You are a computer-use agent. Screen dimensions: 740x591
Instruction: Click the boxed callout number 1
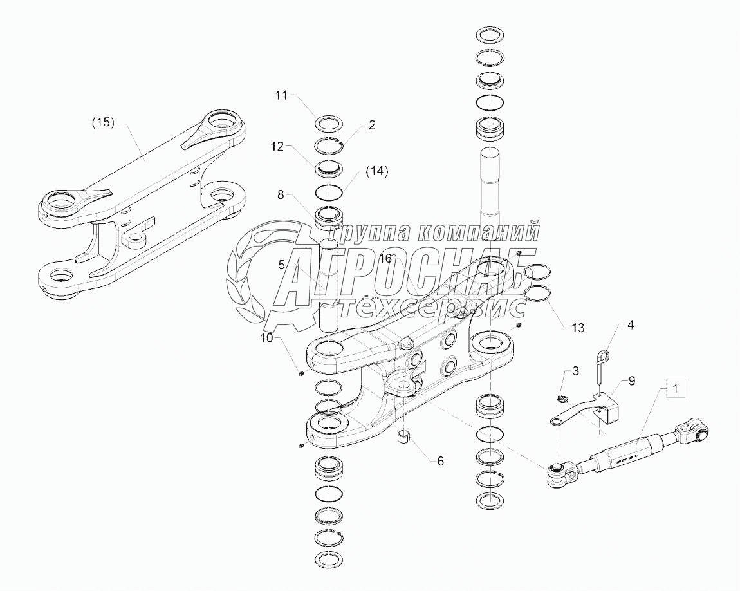point(675,388)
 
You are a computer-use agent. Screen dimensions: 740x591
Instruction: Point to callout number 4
point(631,325)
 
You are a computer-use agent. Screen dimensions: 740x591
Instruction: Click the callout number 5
point(281,264)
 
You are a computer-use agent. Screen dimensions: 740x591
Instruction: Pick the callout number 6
point(440,461)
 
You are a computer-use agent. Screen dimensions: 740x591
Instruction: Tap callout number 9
point(631,380)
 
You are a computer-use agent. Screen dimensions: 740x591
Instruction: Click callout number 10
point(266,337)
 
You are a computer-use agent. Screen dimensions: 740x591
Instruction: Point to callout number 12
point(277,147)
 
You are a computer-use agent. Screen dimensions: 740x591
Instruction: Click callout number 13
point(577,328)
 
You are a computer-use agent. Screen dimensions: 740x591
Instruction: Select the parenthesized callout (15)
point(102,122)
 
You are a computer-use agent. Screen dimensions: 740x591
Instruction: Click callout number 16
point(385,258)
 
